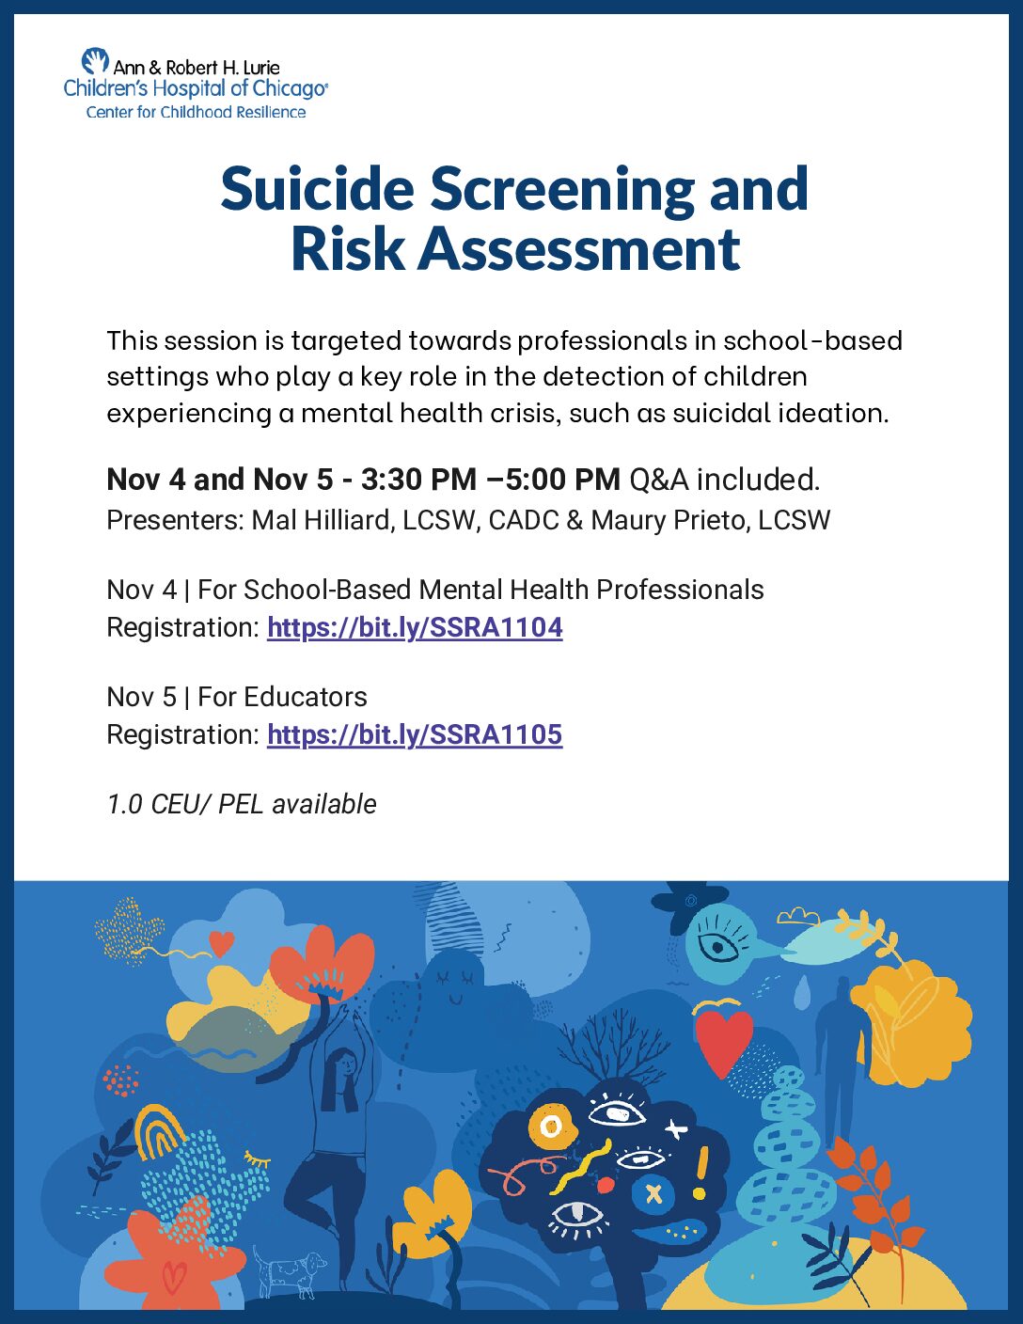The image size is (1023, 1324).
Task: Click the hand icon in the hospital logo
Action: (x=95, y=61)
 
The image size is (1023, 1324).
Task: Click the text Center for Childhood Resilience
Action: (x=196, y=112)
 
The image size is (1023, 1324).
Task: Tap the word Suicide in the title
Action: (x=317, y=188)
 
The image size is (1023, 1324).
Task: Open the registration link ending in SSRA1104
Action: (x=415, y=627)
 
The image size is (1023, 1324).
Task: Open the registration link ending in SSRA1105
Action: (x=415, y=734)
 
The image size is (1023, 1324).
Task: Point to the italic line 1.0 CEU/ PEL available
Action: (x=242, y=804)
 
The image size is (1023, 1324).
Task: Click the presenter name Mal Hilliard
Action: (x=323, y=520)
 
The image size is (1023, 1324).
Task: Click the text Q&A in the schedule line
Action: (x=658, y=480)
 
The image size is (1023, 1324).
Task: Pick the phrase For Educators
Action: (x=282, y=697)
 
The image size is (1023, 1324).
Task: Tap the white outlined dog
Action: (x=288, y=1273)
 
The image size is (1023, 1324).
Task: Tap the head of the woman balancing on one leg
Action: (x=345, y=1064)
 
